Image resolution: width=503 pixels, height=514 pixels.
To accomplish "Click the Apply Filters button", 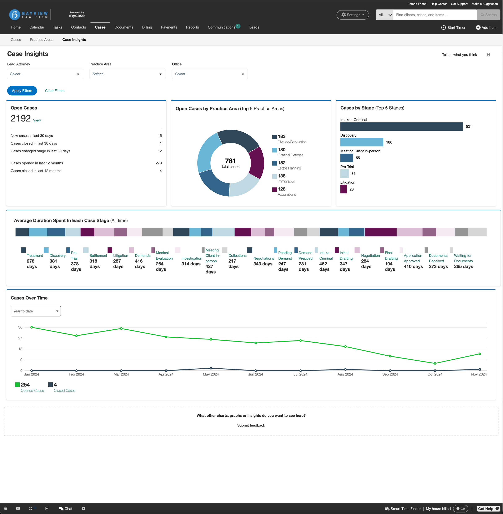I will pos(22,91).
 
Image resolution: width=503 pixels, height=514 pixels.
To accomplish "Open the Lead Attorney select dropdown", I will pos(45,74).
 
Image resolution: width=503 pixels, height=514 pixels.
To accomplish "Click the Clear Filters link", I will pos(55,91).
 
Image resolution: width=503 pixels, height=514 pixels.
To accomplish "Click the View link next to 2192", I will pos(37,120).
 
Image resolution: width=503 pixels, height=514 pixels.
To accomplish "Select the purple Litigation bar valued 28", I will pos(344,189).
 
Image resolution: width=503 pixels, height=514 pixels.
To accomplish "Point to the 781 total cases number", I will pos(230,161).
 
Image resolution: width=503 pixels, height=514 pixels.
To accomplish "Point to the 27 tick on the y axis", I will pos(20,338).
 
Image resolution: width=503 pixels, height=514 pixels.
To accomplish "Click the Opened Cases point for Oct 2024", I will pos(435,363).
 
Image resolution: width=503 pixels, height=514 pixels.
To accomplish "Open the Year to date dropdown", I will pos(36,311).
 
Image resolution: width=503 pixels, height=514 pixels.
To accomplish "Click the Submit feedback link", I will pos(251,425).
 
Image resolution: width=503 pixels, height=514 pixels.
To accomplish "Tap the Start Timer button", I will pos(453,27).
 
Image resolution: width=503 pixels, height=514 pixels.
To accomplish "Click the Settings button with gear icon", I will pos(353,15).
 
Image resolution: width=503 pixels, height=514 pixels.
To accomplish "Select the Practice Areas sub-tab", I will pos(41,40).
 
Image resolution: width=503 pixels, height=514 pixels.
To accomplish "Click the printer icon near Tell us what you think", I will pos(488,55).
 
